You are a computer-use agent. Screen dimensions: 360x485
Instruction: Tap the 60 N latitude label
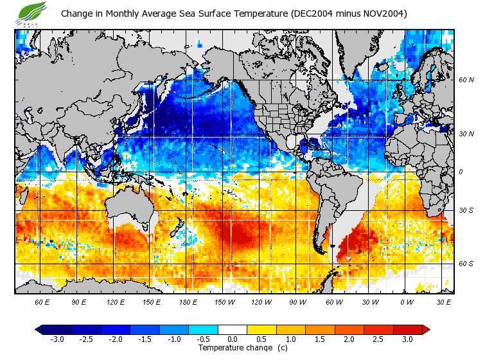click(x=466, y=80)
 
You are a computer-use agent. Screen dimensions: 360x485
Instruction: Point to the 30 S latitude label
click(x=466, y=211)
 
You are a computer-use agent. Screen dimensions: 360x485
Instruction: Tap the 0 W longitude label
click(x=406, y=301)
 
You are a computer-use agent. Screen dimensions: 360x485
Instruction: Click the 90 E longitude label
click(x=79, y=301)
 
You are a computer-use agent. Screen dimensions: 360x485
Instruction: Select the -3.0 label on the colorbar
click(x=57, y=339)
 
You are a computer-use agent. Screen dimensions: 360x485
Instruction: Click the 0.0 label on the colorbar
click(x=233, y=339)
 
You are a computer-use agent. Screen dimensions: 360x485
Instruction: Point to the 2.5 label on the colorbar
click(x=378, y=339)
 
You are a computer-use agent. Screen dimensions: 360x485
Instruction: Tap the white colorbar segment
click(x=233, y=330)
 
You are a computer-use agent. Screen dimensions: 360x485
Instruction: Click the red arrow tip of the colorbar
click(x=427, y=330)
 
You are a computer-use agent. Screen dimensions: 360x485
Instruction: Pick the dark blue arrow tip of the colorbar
click(x=39, y=330)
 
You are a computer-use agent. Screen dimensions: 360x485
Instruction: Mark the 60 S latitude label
click(x=466, y=264)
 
